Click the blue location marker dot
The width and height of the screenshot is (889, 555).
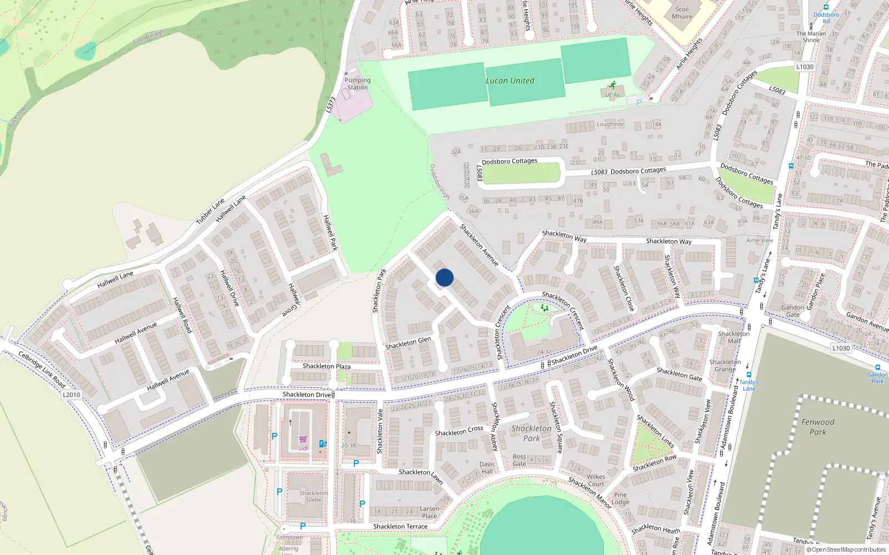444,277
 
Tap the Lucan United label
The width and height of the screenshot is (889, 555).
510,80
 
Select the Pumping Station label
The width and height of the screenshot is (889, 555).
358,84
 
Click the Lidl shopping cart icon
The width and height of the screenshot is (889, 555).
303,440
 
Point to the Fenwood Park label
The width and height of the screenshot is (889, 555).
818,427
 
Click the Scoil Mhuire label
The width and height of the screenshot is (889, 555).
682,13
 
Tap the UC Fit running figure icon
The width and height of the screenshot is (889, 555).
612,85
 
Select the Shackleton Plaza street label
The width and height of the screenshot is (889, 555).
327,366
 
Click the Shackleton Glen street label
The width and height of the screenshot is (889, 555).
408,343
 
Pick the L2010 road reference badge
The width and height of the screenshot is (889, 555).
71,395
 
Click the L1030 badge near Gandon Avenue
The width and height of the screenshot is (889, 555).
841,348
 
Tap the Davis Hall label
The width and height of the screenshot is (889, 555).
487,468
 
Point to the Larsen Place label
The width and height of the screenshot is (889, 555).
429,512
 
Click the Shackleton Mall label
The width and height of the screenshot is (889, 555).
733,337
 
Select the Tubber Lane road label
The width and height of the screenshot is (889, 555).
210,211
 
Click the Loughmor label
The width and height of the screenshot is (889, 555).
610,124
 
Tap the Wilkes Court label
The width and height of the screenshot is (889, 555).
596,480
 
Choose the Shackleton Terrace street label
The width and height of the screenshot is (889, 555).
400,526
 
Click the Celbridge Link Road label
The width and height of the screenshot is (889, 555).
42,370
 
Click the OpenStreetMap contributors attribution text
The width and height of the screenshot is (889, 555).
846,550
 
